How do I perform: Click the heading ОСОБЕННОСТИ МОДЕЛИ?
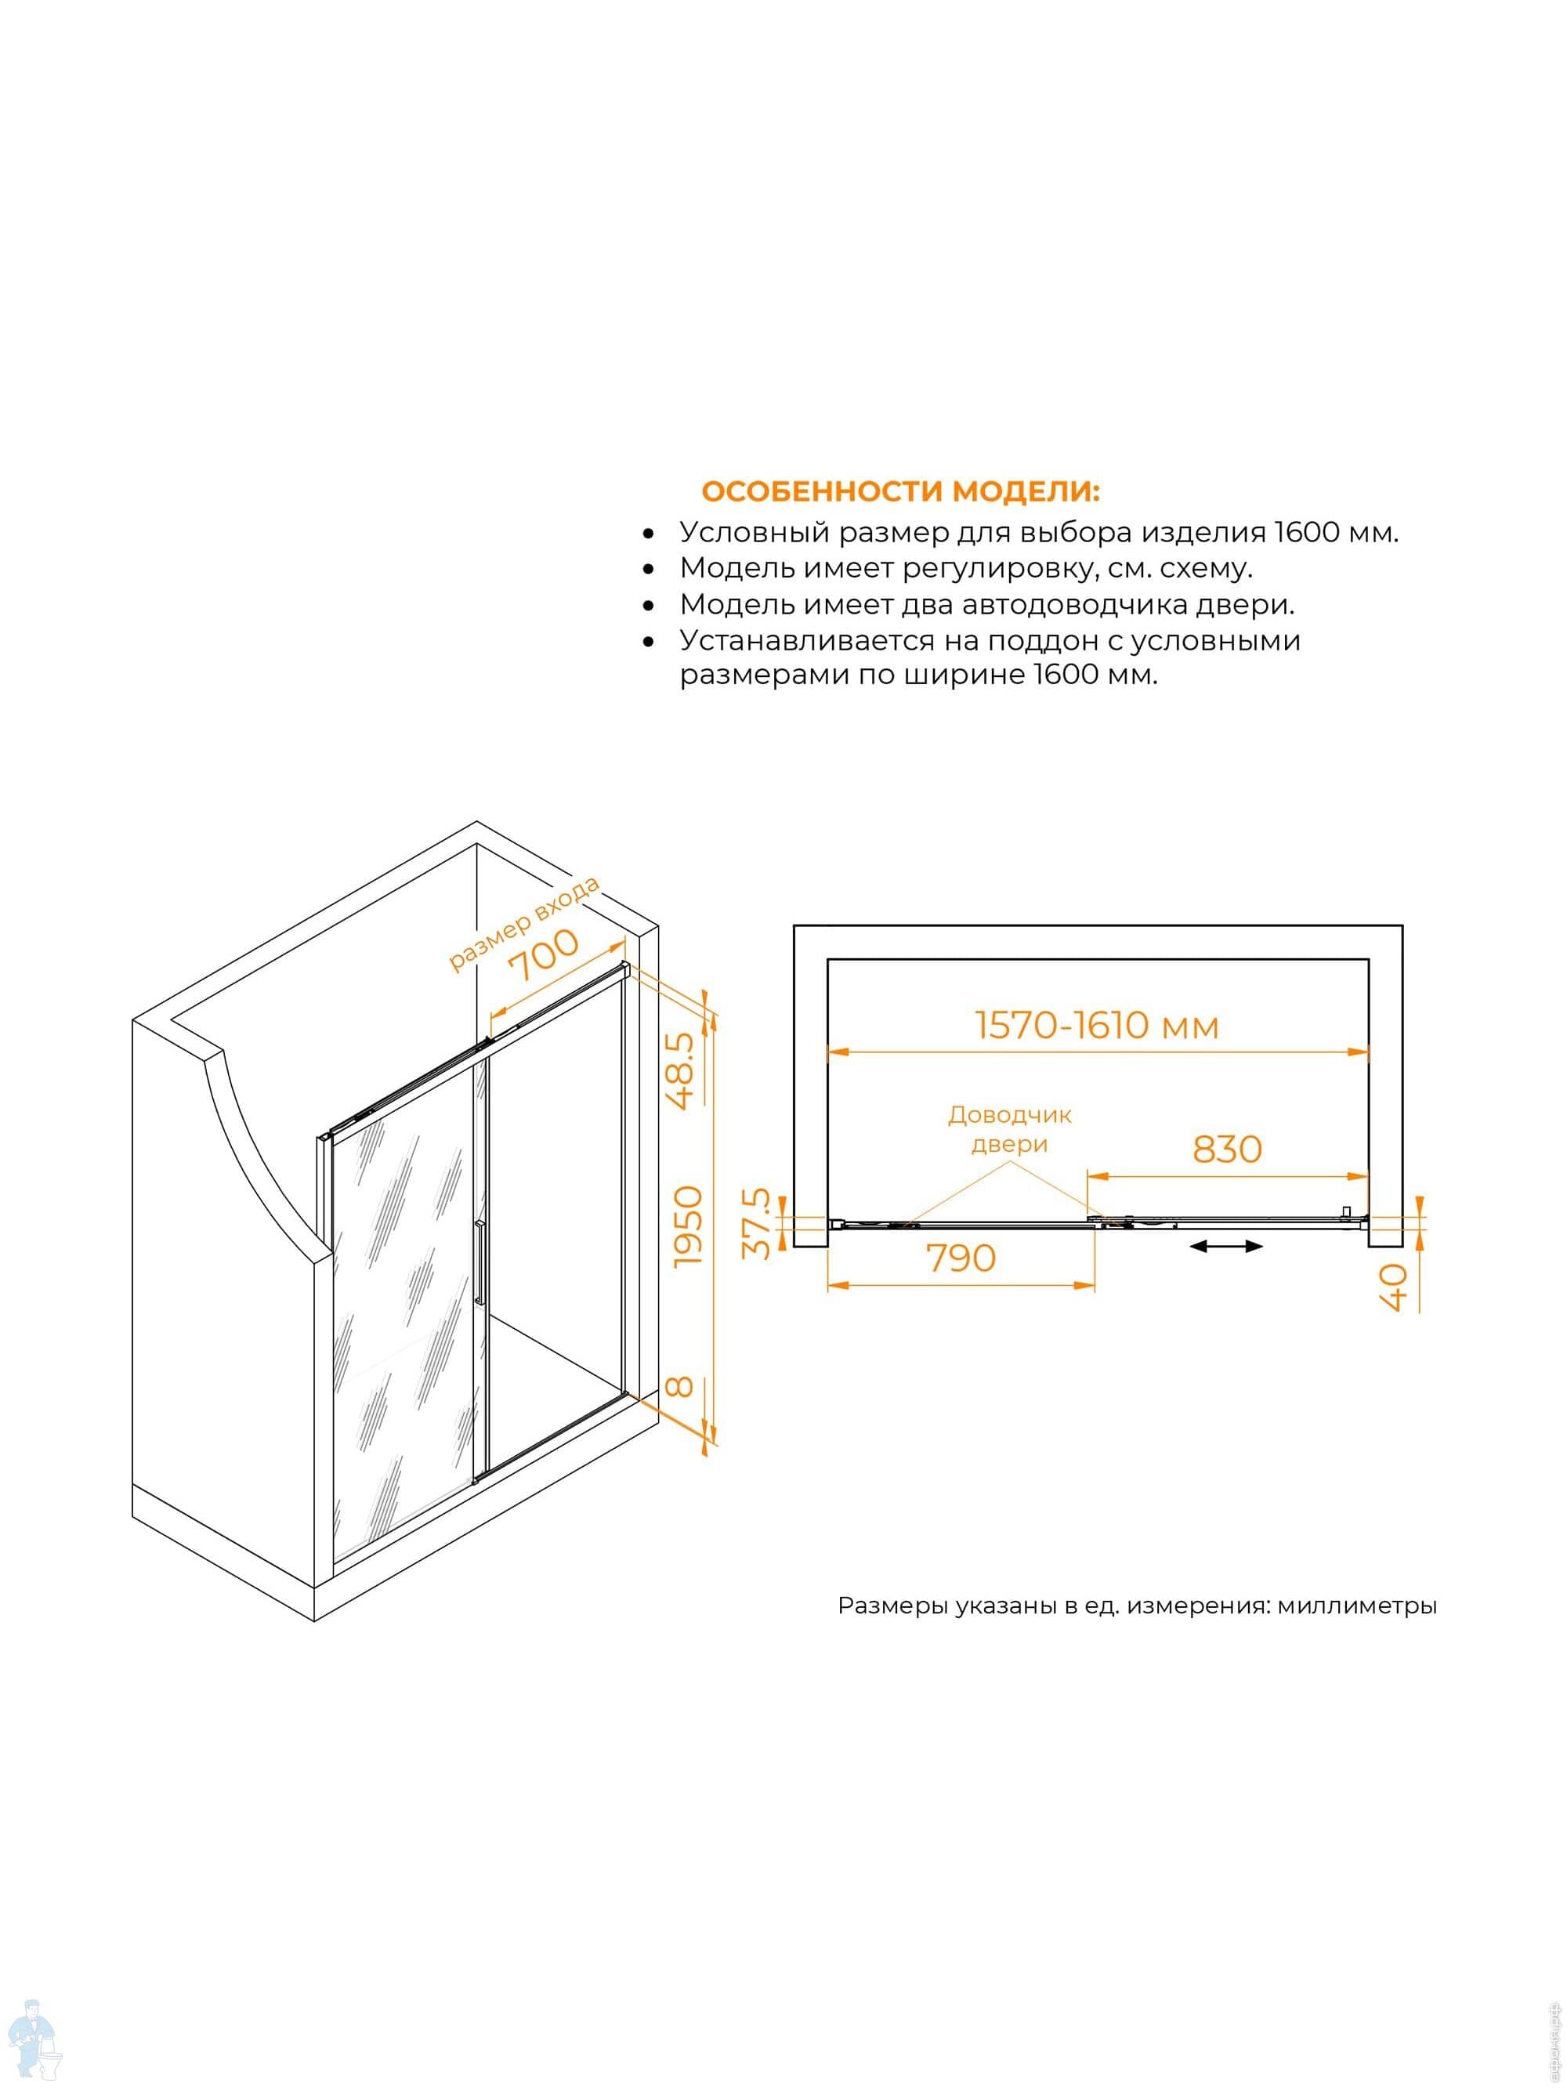tap(900, 492)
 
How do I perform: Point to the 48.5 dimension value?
tap(681, 1070)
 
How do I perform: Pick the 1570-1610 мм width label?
tap(1097, 1026)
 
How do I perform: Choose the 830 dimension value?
tap(1227, 1149)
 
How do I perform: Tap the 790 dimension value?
tap(961, 1258)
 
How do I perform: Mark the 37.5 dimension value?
tap(757, 1224)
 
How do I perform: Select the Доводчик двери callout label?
tap(1010, 1129)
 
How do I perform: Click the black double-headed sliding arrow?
tap(1226, 1247)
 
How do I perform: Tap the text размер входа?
tap(524, 924)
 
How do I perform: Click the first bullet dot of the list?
tap(648, 534)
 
